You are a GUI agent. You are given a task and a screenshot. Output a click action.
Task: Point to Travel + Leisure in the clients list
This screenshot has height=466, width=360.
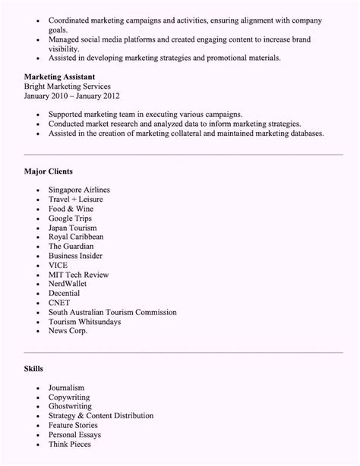pyautogui.click(x=77, y=198)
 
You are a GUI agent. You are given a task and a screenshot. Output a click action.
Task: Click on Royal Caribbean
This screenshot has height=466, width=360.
pyautogui.click(x=76, y=236)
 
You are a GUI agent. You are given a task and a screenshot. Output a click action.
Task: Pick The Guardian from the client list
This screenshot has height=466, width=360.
pyautogui.click(x=71, y=246)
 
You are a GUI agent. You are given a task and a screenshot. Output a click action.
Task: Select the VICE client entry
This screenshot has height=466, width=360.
pyautogui.click(x=58, y=265)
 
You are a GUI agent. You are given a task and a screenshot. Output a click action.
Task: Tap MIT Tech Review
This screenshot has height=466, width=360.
pyautogui.click(x=78, y=274)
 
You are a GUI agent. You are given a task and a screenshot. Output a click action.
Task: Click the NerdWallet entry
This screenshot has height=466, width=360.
pyautogui.click(x=70, y=284)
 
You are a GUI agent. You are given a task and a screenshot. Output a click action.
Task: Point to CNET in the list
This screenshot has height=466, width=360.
pyautogui.click(x=60, y=303)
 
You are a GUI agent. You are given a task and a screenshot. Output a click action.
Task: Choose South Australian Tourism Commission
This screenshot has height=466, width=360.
pyautogui.click(x=112, y=312)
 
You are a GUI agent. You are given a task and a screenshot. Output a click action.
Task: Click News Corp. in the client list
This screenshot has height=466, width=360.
pyautogui.click(x=68, y=331)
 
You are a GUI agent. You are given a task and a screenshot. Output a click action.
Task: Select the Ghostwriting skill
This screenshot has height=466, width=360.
pyautogui.click(x=71, y=406)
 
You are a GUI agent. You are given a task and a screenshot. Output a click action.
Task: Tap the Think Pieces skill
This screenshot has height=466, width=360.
pyautogui.click(x=70, y=444)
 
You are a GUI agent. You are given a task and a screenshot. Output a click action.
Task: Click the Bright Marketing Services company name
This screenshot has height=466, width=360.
pyautogui.click(x=73, y=87)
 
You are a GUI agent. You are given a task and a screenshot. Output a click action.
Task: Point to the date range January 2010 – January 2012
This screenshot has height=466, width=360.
pyautogui.click(x=71, y=96)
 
